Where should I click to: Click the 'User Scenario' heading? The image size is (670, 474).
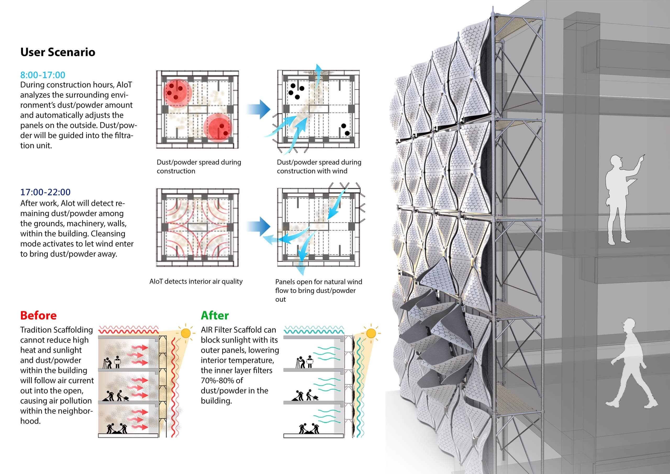pyautogui.click(x=58, y=52)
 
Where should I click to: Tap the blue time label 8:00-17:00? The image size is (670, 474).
pyautogui.click(x=43, y=75)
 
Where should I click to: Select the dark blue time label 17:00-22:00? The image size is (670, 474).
pyautogui.click(x=45, y=192)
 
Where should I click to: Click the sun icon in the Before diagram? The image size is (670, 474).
pyautogui.click(x=186, y=333)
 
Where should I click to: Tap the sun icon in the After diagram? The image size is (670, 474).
pyautogui.click(x=371, y=333)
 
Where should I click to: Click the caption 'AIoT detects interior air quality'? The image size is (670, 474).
pyautogui.click(x=196, y=282)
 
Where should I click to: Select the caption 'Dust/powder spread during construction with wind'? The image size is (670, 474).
pyautogui.click(x=319, y=167)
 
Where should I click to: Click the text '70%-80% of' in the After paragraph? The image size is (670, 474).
pyautogui.click(x=222, y=381)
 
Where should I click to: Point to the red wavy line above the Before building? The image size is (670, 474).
pyautogui.click(x=129, y=330)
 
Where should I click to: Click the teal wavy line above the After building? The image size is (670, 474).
pyautogui.click(x=314, y=330)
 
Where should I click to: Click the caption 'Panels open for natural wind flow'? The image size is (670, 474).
pyautogui.click(x=319, y=286)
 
